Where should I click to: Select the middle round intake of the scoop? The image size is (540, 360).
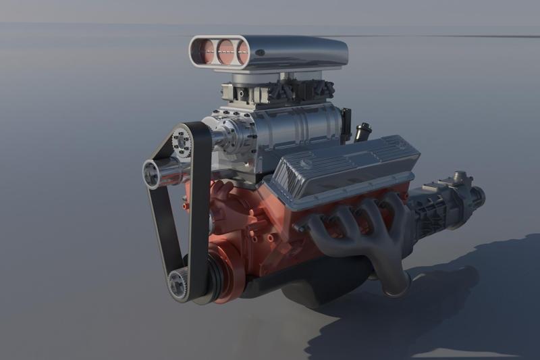pyautogui.click(x=225, y=51)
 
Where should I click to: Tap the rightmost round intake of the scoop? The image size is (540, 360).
pyautogui.click(x=242, y=52)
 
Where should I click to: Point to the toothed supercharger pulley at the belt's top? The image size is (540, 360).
pyautogui.click(x=182, y=140)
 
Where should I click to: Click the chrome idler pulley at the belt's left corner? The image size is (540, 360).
pyautogui.click(x=153, y=174)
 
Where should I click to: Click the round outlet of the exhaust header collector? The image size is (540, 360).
pyautogui.click(x=398, y=286)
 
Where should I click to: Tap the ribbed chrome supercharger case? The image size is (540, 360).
pyautogui.click(x=297, y=132)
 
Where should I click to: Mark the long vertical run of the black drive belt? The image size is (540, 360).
pyautogui.click(x=199, y=209)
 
